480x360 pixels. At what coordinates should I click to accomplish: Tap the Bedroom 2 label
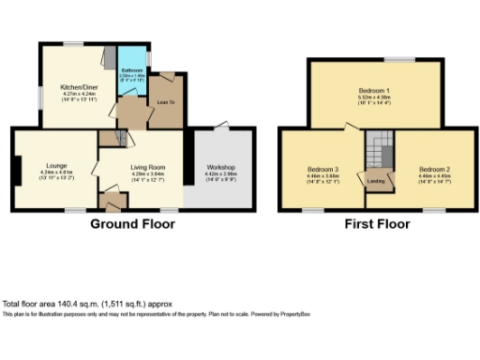tap(435, 169)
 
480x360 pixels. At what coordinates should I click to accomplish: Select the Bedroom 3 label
tap(322, 169)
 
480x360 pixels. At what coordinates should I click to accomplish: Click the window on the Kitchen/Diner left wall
tap(37, 96)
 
